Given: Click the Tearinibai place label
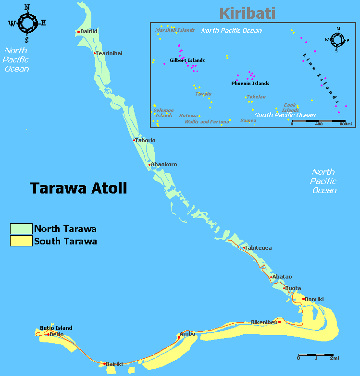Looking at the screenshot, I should point(110,53).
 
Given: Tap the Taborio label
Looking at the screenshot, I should point(146,140).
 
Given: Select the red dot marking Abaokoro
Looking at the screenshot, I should point(150,165).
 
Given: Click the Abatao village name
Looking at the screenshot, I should point(283,277).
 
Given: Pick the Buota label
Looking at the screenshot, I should point(293,288).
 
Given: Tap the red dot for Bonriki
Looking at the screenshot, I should point(303,299).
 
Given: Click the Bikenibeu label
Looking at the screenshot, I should point(264,322).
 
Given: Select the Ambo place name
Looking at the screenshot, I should point(187,334).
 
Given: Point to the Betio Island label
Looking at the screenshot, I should point(56,328).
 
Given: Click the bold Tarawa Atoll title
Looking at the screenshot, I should point(78,188).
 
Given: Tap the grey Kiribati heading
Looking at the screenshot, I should point(247,13).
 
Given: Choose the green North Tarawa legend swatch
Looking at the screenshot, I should point(21,229).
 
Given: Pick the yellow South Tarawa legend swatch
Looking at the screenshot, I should point(21,241).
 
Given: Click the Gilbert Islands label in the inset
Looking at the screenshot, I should point(187,61).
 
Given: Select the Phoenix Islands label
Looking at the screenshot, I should point(250,84).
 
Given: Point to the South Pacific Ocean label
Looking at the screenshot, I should point(285,115).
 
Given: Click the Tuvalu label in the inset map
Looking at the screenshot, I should point(203,94).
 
